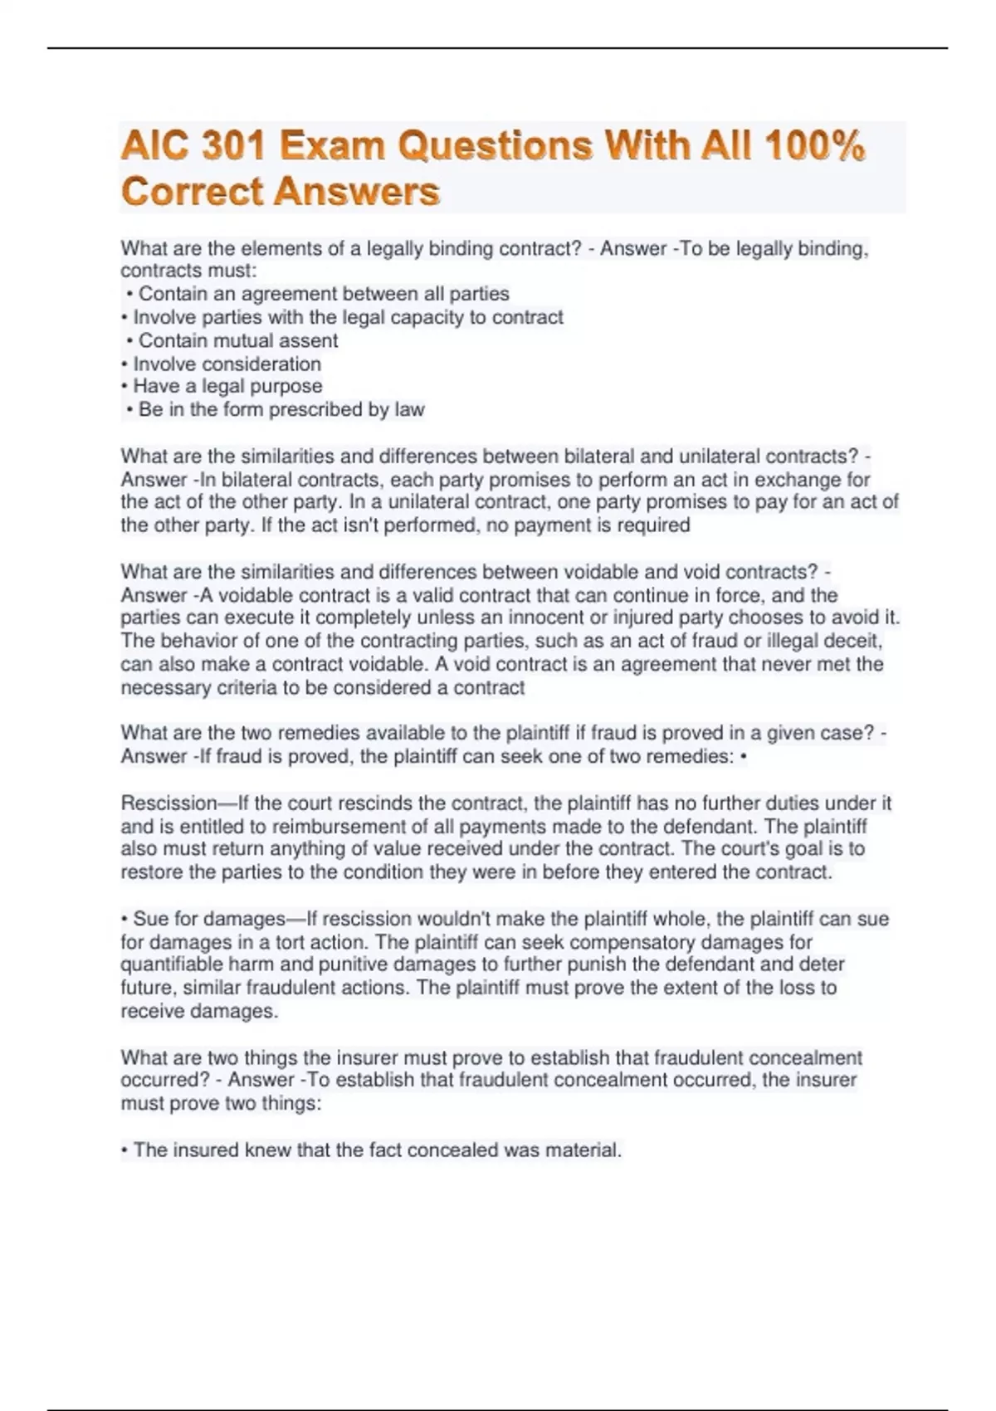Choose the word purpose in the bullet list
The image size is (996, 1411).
286,386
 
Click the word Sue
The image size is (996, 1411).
150,919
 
